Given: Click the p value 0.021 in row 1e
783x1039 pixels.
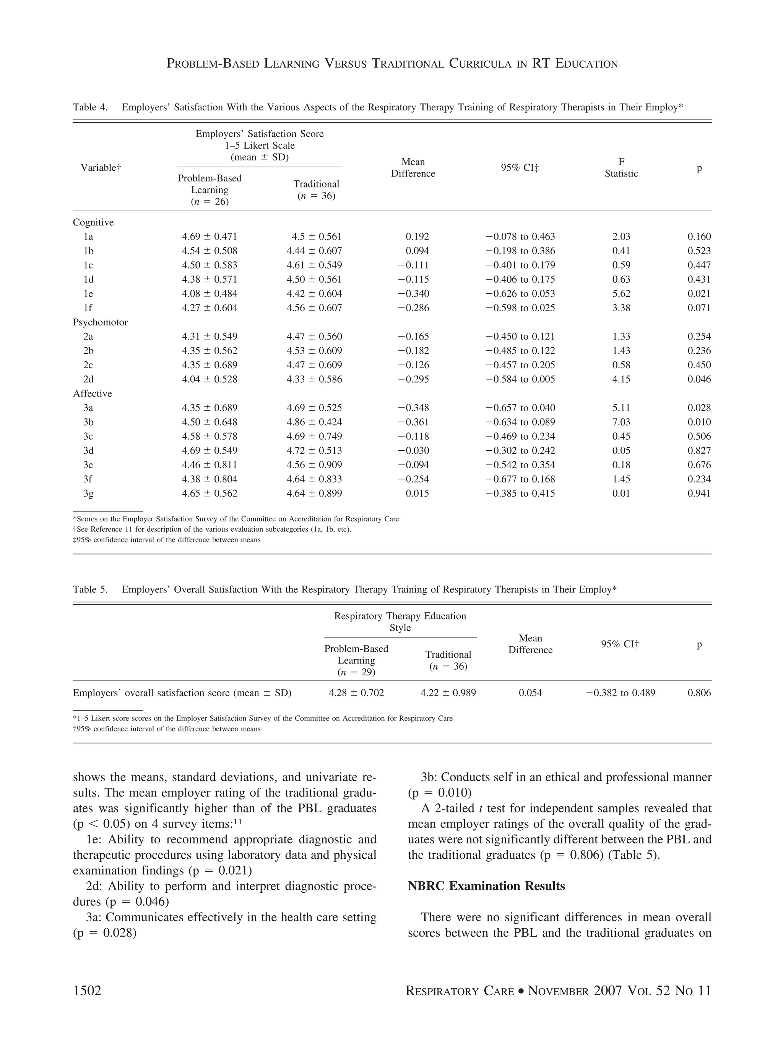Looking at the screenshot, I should click(699, 294).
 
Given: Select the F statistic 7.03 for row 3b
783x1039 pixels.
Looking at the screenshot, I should click(621, 422).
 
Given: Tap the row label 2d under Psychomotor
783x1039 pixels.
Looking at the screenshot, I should click(88, 379).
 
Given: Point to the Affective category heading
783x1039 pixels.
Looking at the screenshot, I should click(92, 393).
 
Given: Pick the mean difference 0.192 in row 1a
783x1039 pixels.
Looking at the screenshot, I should click(417, 236).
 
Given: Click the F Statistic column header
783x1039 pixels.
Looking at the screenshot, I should click(621, 168).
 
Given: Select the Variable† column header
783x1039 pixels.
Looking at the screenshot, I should click(101, 168).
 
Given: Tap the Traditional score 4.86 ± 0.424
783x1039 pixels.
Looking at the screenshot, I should click(314, 422).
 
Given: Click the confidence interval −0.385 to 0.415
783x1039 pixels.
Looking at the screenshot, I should click(520, 493).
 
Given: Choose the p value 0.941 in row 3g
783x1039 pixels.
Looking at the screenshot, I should click(699, 493).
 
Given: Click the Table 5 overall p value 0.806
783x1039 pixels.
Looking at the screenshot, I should click(699, 693).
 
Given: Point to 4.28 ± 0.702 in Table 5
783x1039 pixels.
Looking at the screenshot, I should click(356, 693).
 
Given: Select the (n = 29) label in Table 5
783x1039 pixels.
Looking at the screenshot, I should click(356, 672).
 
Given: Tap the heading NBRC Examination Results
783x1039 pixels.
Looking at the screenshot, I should click(486, 886).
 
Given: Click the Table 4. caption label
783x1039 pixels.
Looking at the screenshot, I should click(90, 107).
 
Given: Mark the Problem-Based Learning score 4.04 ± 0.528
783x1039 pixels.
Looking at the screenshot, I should click(210, 379).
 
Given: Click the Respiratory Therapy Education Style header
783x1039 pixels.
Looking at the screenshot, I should click(400, 621).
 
